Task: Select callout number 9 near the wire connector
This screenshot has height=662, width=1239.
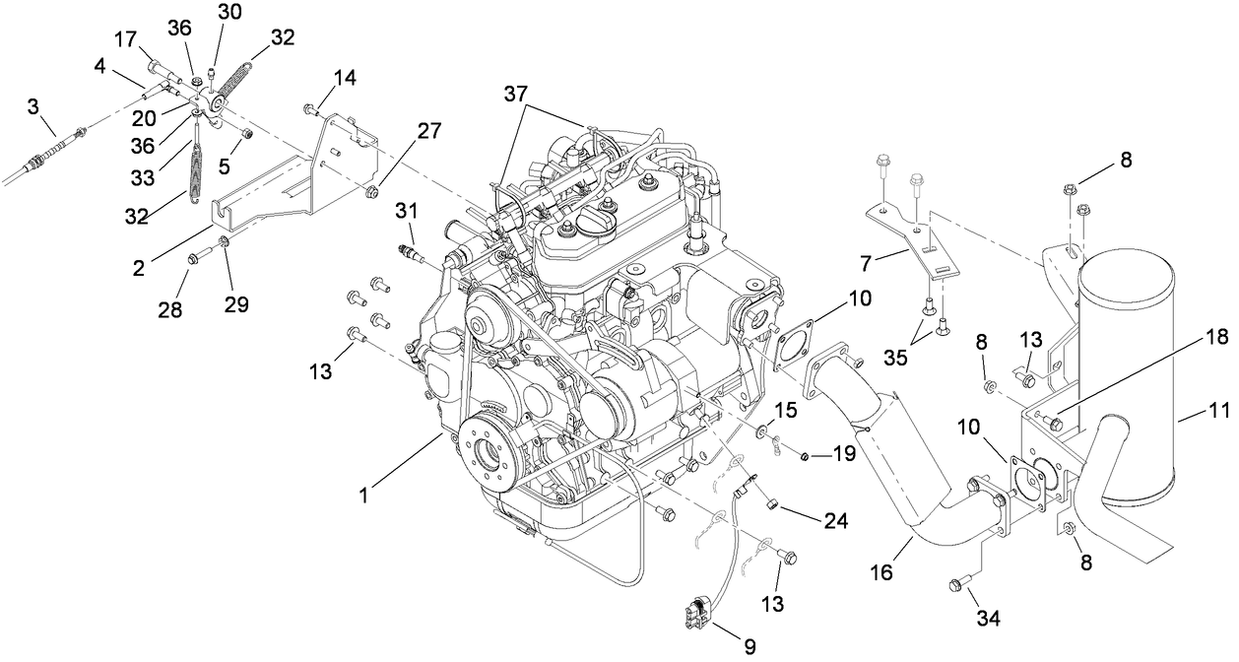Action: click(x=750, y=646)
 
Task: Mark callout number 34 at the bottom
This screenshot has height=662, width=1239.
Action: click(x=988, y=618)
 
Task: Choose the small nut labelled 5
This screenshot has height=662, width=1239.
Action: click(x=248, y=133)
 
